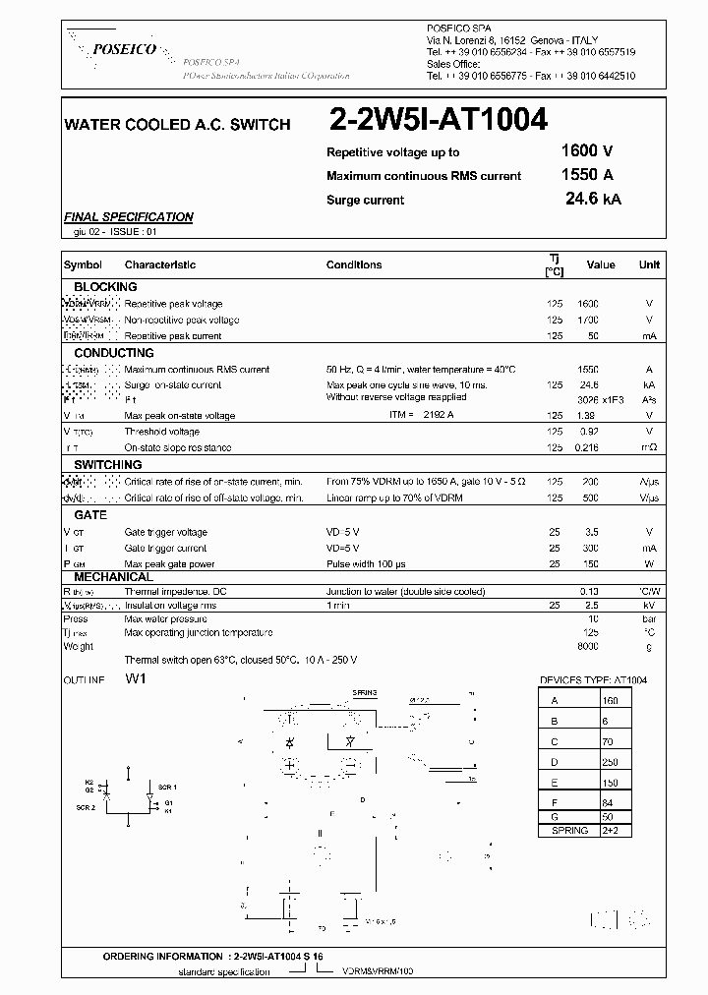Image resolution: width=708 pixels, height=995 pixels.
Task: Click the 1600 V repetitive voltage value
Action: click(x=586, y=151)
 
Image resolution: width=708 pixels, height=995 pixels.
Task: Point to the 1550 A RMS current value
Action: click(x=586, y=175)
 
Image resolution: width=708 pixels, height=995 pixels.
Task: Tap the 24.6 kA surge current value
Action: click(x=593, y=199)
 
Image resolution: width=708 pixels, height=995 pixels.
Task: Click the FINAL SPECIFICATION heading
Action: click(x=128, y=217)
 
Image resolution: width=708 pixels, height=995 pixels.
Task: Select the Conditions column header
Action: click(x=354, y=264)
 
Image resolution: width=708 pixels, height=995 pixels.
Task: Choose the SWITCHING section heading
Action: click(x=108, y=464)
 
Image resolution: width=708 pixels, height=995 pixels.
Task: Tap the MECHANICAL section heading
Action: click(x=113, y=577)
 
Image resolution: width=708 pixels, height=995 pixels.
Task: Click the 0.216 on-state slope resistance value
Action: click(x=586, y=448)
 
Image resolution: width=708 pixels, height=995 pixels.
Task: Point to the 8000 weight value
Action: click(x=587, y=647)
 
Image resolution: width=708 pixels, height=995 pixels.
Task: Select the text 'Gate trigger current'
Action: click(x=165, y=549)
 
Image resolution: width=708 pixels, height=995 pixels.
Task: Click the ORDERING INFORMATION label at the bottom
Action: click(x=163, y=957)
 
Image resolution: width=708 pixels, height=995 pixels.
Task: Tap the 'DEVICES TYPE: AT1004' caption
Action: click(x=593, y=680)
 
